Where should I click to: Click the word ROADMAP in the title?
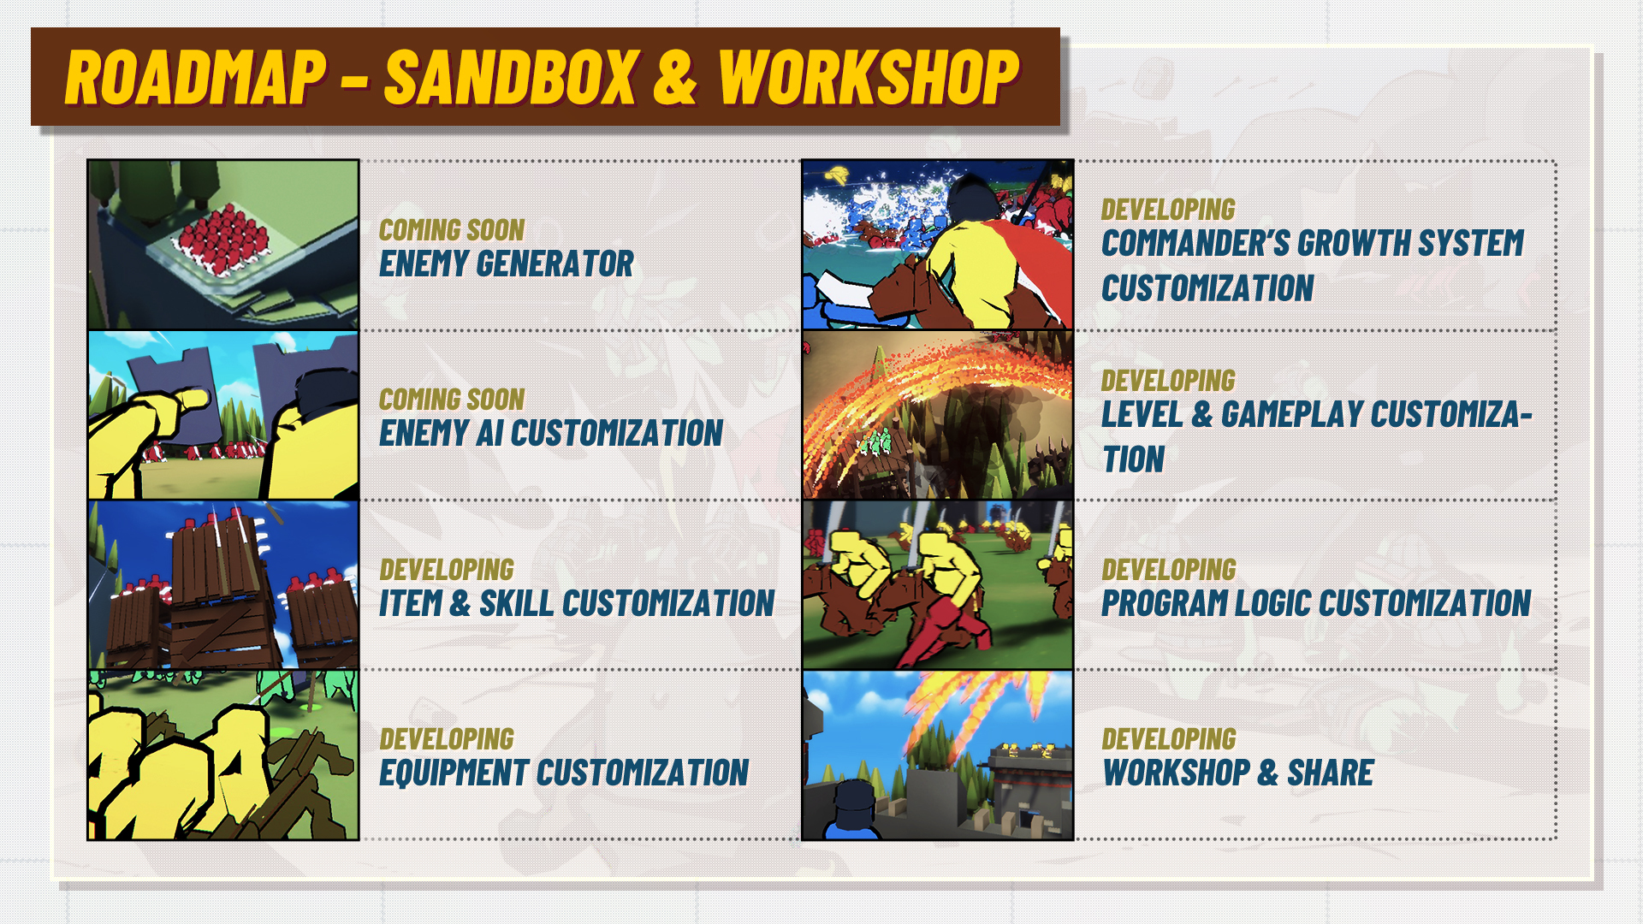(196, 77)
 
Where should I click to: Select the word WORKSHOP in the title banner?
(869, 77)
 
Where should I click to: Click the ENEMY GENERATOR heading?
(507, 264)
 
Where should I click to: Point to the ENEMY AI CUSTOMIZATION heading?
(551, 433)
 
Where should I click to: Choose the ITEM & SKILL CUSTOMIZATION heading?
(577, 603)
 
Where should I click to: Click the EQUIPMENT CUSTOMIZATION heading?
(564, 773)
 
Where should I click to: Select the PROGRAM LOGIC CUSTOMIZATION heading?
(1316, 603)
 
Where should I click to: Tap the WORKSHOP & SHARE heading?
(1237, 773)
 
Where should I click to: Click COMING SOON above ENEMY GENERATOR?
(452, 230)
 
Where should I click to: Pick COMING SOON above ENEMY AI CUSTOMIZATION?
(452, 400)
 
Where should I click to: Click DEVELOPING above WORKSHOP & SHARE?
(1169, 738)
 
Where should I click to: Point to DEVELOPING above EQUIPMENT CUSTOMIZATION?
(447, 738)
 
